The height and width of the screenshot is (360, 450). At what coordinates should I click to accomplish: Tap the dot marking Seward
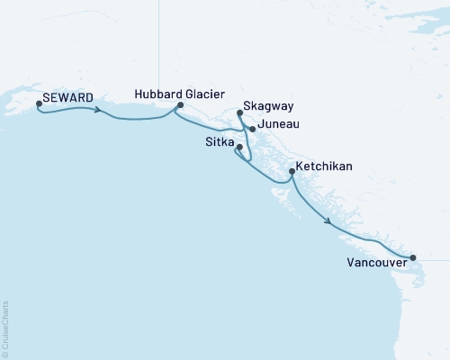coord(39,103)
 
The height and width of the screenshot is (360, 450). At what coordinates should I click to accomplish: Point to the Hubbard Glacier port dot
coord(181,105)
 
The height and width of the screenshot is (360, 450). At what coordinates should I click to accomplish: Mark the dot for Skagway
coord(239,113)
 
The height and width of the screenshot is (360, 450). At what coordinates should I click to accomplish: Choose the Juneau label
coord(278,125)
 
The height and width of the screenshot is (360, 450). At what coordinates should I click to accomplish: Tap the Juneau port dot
coord(253,129)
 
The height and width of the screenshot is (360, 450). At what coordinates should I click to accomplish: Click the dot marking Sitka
coord(238,147)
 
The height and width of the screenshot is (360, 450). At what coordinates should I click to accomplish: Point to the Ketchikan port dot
coord(291,171)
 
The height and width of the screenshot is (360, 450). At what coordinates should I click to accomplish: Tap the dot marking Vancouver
coord(413,258)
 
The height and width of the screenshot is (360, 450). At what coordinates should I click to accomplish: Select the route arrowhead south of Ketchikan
coord(330,221)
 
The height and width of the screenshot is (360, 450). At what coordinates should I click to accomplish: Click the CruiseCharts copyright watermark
coord(5,328)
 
